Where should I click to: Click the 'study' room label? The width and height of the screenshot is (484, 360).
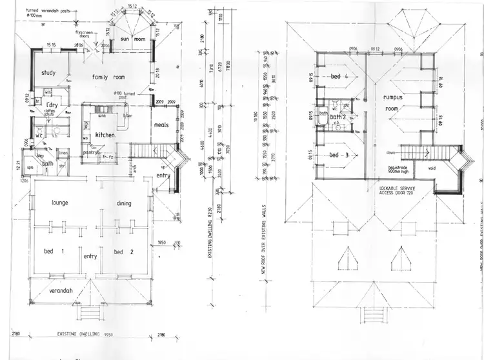coord(49,73)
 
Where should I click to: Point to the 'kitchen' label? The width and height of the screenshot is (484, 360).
coord(105,135)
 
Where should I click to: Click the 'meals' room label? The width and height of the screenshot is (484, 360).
coord(161,125)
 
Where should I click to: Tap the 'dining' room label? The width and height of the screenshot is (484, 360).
coord(124,203)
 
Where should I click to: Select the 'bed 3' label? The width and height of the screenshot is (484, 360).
coord(339,155)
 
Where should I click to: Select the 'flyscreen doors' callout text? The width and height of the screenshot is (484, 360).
coord(88,34)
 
